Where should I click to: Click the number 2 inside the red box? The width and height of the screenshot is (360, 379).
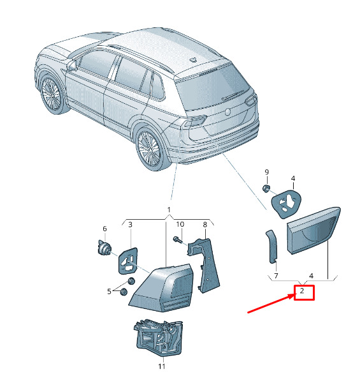(x=301, y=290)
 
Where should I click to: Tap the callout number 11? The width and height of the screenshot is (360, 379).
(x=161, y=366)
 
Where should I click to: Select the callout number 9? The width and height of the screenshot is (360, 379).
(x=266, y=172)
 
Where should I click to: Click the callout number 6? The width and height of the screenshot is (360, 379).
(x=104, y=229)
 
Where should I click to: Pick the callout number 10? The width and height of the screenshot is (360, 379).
(x=180, y=224)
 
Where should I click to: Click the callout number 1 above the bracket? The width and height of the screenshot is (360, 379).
(x=169, y=210)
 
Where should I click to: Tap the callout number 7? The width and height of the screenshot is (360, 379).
(x=276, y=276)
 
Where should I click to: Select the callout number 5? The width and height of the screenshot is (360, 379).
(x=110, y=292)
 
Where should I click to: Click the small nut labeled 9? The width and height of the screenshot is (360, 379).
(x=266, y=189)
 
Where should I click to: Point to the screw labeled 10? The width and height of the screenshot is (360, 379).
(x=177, y=240)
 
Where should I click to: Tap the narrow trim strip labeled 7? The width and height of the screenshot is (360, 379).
(x=272, y=247)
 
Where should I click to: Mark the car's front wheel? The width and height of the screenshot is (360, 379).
(x=52, y=94)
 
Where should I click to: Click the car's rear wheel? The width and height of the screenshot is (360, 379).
(x=150, y=147)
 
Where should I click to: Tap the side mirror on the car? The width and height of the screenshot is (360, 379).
(x=72, y=66)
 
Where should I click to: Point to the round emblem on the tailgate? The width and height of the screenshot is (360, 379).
(x=227, y=112)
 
